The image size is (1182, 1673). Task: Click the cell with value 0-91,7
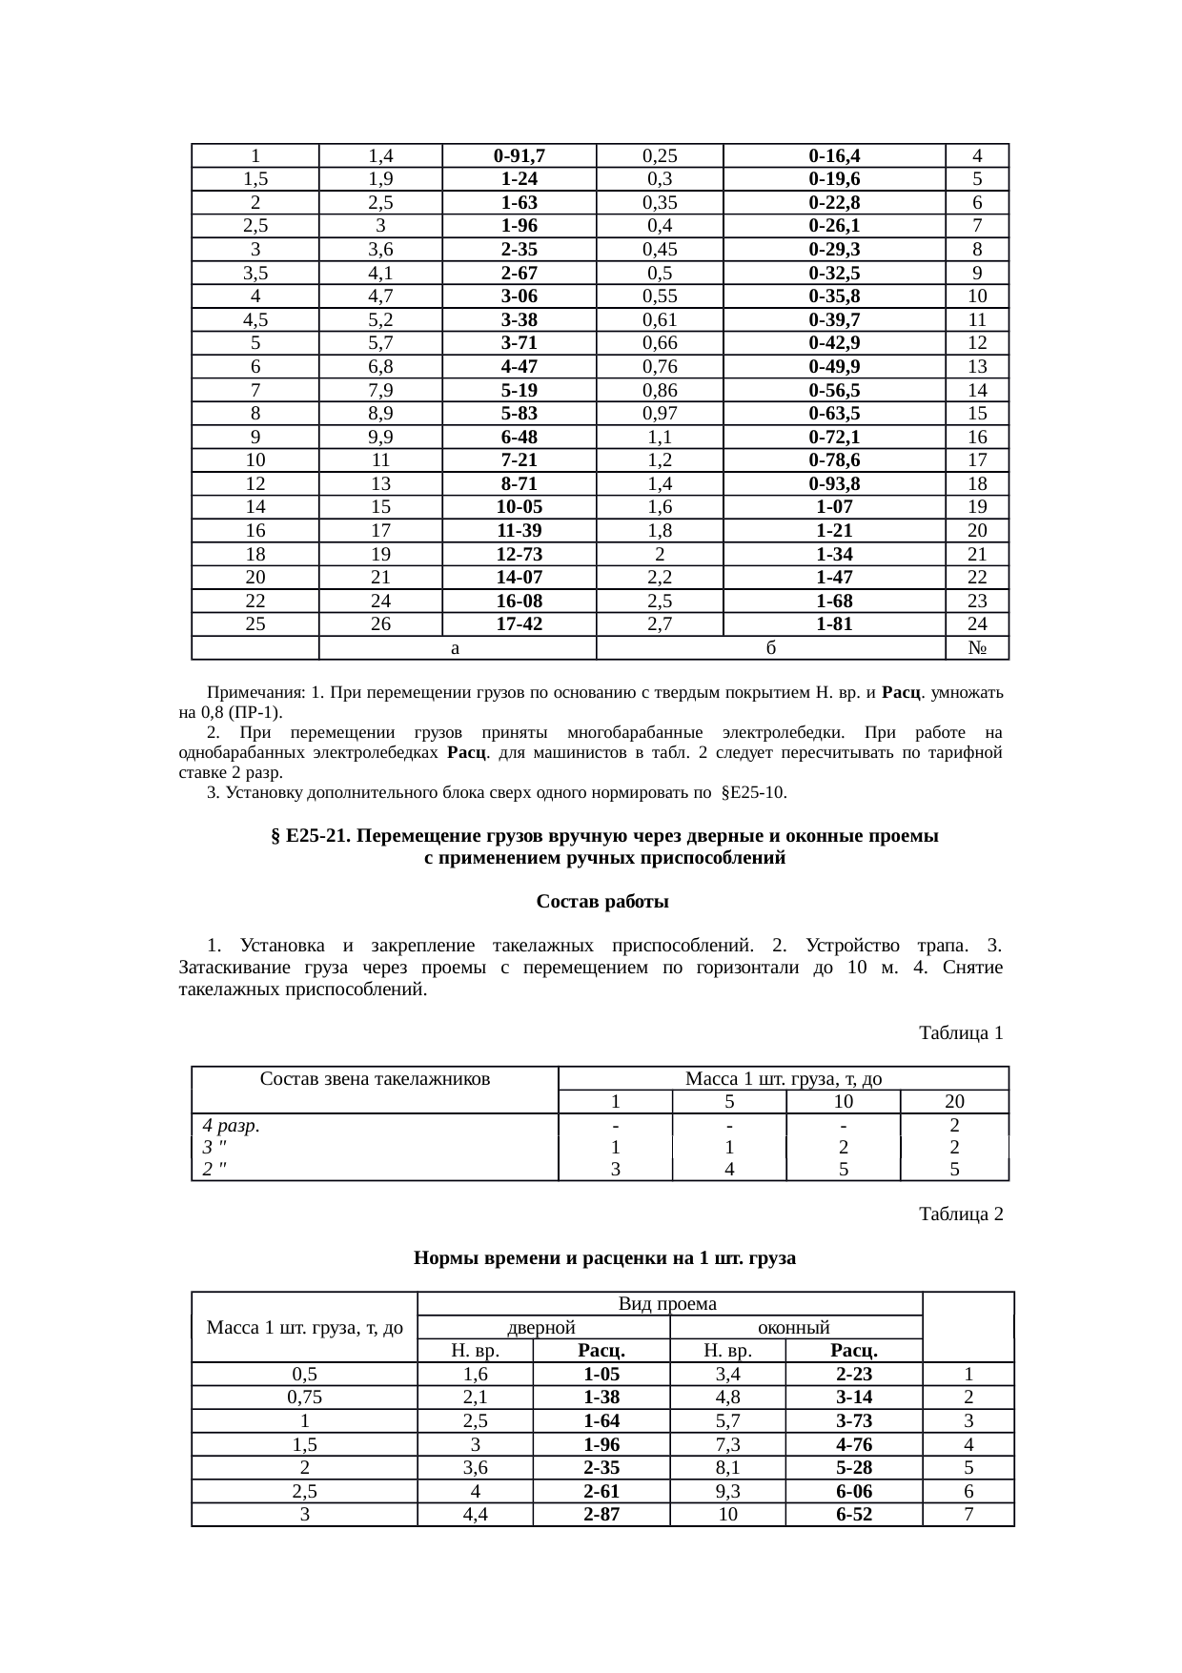[519, 155]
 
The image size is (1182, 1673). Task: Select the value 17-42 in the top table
[519, 624]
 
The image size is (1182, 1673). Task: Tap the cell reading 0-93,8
[833, 483]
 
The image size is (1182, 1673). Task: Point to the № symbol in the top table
[976, 648]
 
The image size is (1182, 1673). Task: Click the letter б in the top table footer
[770, 648]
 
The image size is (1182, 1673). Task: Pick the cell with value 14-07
[519, 578]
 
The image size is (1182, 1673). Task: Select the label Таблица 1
[960, 1033]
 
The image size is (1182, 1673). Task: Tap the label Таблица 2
[960, 1214]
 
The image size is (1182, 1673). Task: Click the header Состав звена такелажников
[375, 1079]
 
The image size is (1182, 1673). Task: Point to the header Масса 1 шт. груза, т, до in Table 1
[783, 1079]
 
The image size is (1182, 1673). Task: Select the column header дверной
[540, 1327]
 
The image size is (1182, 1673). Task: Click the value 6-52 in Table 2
[853, 1515]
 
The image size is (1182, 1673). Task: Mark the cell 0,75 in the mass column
[304, 1398]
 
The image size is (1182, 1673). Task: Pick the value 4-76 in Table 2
[853, 1444]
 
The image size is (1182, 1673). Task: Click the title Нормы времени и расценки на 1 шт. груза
[604, 1258]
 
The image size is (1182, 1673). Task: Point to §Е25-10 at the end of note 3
[754, 793]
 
